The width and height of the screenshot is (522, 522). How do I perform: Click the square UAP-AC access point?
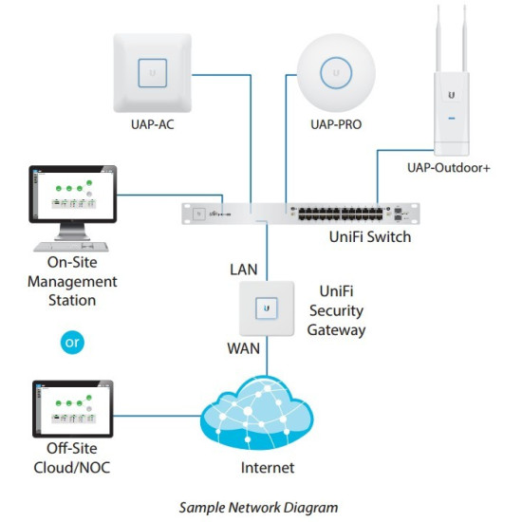point(152,71)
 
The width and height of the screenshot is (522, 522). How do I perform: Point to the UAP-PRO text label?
point(336,124)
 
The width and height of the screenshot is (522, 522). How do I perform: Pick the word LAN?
point(243,270)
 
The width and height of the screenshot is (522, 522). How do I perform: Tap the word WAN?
point(243,348)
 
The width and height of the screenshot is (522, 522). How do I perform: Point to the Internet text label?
point(267,468)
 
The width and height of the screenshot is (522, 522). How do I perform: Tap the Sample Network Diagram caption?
point(261,507)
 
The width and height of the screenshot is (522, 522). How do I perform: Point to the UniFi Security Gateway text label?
point(336,310)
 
